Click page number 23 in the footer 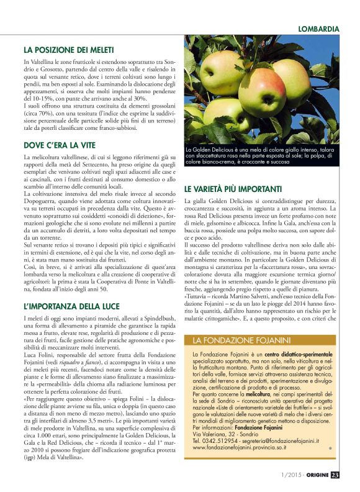[335, 476]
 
